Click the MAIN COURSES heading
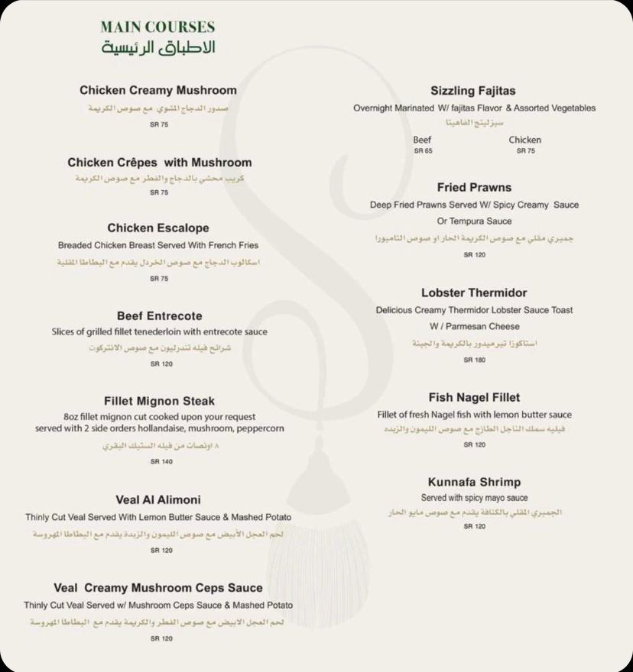tap(157, 27)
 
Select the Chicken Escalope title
tap(158, 228)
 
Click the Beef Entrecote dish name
tap(160, 315)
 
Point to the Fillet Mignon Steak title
tap(160, 401)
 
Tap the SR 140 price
tap(161, 462)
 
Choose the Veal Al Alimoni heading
tap(158, 500)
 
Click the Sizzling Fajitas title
tap(473, 91)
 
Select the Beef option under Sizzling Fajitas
tap(423, 140)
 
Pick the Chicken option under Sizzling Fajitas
tap(525, 140)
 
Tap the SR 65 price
tap(423, 151)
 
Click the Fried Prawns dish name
tap(474, 187)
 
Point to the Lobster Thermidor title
tap(474, 293)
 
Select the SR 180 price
tap(474, 360)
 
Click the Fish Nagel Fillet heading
tap(474, 398)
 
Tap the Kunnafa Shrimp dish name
tap(474, 483)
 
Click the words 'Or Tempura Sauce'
tap(474, 221)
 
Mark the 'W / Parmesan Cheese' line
tap(474, 327)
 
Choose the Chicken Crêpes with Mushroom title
tap(159, 163)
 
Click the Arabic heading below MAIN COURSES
tap(158, 47)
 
